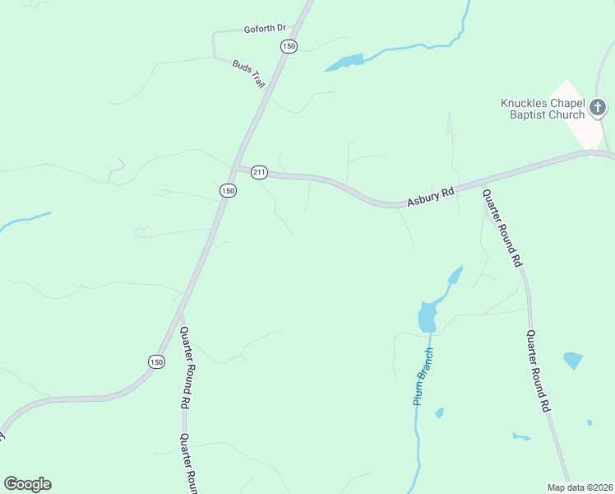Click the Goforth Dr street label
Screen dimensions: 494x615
[264, 29]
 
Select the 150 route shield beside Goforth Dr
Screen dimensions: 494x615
[288, 47]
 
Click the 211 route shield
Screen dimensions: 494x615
[260, 172]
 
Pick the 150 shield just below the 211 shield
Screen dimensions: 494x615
[228, 190]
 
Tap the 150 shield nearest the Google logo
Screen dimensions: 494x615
[156, 361]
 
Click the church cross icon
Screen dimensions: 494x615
[599, 107]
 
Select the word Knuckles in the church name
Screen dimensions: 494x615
[524, 103]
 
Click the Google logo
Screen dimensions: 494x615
[27, 484]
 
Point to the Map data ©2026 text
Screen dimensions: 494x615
[580, 487]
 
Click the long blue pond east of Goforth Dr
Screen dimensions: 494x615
[344, 63]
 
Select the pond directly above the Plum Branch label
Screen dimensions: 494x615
[426, 316]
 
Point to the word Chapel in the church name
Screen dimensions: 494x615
[566, 103]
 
